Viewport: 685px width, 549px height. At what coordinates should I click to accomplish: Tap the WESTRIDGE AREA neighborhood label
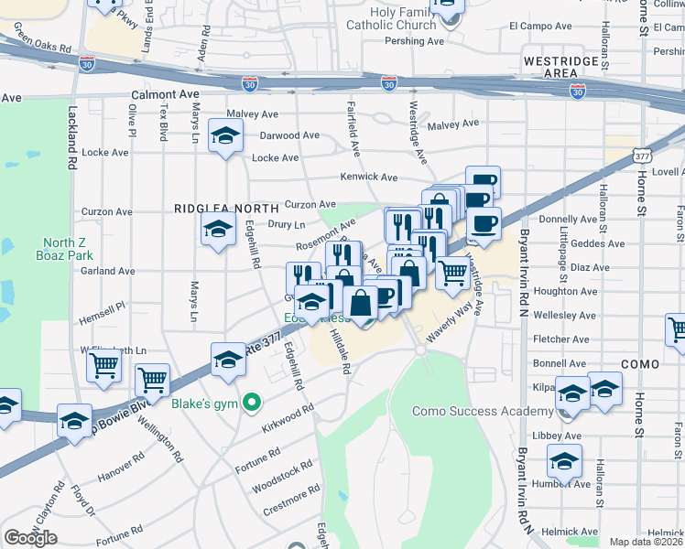tap(549, 66)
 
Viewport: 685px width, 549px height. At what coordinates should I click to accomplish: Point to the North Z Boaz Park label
tap(64, 249)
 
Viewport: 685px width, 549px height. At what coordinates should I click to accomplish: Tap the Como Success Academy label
tap(483, 412)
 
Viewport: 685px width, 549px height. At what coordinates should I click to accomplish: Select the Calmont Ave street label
tap(165, 94)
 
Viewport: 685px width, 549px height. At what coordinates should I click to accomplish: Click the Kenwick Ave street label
tap(369, 177)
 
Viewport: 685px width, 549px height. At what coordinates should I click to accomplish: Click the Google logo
tap(30, 538)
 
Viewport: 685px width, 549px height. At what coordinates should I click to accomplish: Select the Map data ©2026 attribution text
tap(647, 542)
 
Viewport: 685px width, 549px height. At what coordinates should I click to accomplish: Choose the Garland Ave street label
tap(108, 271)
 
